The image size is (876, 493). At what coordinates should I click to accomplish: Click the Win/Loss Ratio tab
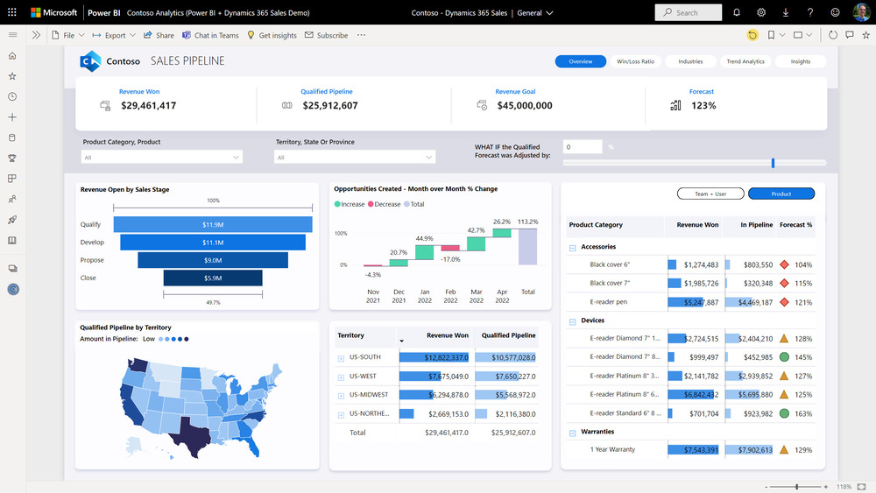tap(635, 61)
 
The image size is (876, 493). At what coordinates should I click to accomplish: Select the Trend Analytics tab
tap(745, 61)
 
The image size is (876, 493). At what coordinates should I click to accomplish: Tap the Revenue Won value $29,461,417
tap(149, 106)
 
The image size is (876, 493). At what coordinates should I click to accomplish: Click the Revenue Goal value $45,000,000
tap(525, 106)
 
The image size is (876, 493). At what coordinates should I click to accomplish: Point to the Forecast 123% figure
tap(703, 106)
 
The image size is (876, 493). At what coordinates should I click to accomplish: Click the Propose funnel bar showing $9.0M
tap(213, 260)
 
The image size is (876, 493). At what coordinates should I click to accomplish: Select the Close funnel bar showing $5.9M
tap(213, 278)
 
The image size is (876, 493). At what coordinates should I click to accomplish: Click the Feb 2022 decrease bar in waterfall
tap(450, 250)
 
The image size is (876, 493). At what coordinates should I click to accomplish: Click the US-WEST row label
tap(364, 376)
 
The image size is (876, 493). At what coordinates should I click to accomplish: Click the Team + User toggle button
tap(710, 194)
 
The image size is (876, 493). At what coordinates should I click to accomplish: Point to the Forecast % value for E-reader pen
tap(803, 302)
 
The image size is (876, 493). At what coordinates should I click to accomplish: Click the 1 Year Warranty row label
tap(612, 450)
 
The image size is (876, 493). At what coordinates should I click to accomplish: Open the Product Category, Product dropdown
tap(162, 158)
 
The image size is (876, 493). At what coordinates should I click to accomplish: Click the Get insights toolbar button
tap(272, 36)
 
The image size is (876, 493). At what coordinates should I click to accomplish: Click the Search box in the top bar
tap(689, 13)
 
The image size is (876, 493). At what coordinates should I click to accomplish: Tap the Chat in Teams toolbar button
tap(210, 36)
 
